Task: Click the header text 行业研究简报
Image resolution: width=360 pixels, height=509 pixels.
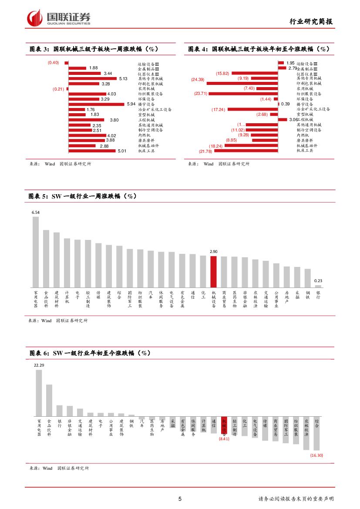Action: pyautogui.click(x=311, y=22)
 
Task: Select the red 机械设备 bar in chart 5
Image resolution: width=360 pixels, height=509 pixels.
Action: pyautogui.click(x=213, y=271)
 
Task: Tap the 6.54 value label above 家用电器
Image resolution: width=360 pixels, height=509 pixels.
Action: pyautogui.click(x=36, y=212)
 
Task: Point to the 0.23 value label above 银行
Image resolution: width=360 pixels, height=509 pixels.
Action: pyautogui.click(x=318, y=281)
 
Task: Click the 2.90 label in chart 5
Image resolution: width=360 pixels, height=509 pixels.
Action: pyautogui.click(x=213, y=252)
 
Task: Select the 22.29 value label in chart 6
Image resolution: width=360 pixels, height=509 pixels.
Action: pyautogui.click(x=39, y=365)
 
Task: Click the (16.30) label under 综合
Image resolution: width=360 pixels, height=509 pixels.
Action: pyautogui.click(x=316, y=455)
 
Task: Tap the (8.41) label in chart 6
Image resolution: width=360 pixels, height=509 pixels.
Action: pyautogui.click(x=224, y=439)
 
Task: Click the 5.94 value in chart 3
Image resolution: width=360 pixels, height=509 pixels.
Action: pyautogui.click(x=131, y=104)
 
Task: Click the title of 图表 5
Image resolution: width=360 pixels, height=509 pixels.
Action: pyautogui.click(x=83, y=196)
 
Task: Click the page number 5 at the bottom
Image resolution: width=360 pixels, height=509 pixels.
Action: pyautogui.click(x=180, y=499)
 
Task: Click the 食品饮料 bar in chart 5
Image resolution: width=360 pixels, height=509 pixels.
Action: pyautogui.click(x=46, y=258)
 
